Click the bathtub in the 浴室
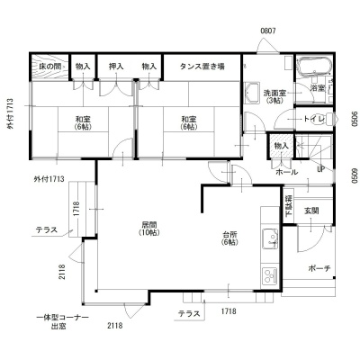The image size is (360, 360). [x=314, y=65]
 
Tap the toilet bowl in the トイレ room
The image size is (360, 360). [x=332, y=119]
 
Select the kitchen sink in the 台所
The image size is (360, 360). [x=270, y=238]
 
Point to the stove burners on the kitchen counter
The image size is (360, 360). [x=270, y=276]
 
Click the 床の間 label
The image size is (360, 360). [x=50, y=67]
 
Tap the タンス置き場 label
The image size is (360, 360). [x=202, y=67]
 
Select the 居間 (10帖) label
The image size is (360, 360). [x=149, y=228]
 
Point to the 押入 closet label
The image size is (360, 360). [x=116, y=67]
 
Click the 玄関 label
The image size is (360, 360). [x=311, y=211]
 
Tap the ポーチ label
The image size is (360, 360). [x=319, y=268]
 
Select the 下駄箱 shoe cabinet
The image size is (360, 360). [x=289, y=205]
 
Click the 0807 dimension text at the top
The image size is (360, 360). [x=268, y=31]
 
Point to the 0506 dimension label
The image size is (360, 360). [x=355, y=119]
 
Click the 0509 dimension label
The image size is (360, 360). [x=355, y=175]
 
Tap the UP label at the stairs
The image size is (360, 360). [x=320, y=169]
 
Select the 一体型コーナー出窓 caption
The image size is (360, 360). [x=62, y=321]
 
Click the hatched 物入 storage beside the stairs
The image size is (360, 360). [x=282, y=147]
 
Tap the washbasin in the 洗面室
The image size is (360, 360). [x=252, y=93]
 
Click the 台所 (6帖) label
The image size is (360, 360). [x=230, y=238]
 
